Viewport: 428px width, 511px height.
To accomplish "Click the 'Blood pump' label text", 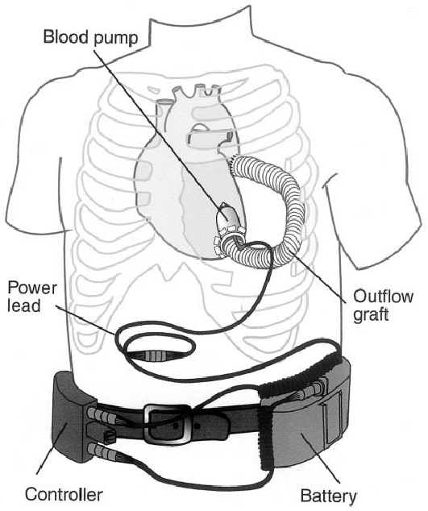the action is tap(91, 37).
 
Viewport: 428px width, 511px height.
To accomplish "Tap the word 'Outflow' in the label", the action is tap(384, 297).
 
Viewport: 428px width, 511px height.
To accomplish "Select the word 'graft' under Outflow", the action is tap(372, 315).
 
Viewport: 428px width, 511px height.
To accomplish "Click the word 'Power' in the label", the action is tap(32, 289).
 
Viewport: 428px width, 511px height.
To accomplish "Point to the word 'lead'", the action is tap(24, 305).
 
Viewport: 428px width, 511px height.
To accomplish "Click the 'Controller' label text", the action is tap(64, 495).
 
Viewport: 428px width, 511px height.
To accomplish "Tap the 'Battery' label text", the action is tap(328, 496).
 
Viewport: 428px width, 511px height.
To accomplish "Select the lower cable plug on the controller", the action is tap(102, 451).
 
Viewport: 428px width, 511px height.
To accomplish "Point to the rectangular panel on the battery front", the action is tap(331, 420).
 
